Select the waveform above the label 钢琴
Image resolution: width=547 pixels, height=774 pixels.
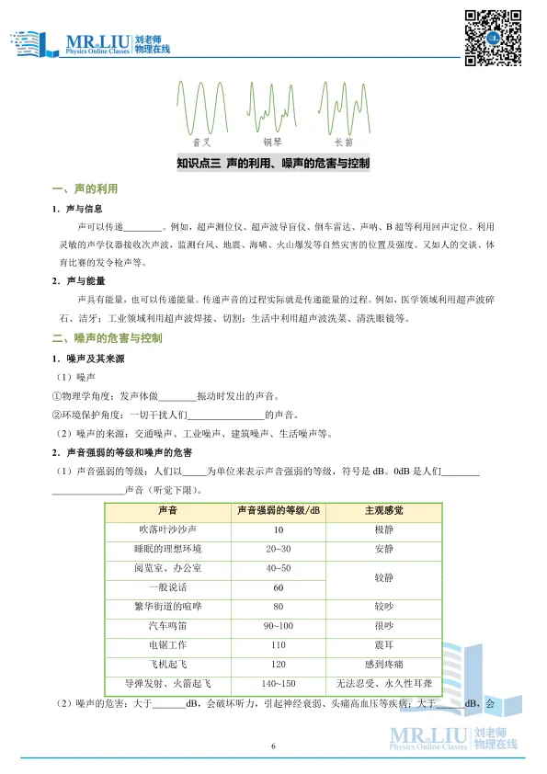point(272,108)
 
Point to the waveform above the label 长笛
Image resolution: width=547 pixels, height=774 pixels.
point(344,108)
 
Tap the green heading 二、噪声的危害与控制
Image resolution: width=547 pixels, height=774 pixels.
point(108,338)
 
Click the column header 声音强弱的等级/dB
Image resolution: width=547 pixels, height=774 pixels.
point(278,510)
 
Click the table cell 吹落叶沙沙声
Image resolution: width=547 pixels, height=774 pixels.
point(167,530)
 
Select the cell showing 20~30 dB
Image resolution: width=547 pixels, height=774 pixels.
point(278,549)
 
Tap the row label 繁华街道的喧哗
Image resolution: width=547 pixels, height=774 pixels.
point(167,607)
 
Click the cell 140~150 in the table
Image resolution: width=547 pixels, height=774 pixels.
point(278,684)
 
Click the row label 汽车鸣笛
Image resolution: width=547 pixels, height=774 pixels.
point(167,626)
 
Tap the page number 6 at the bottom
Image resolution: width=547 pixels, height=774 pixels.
point(273,746)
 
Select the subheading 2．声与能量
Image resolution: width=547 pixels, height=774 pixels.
point(81,280)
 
